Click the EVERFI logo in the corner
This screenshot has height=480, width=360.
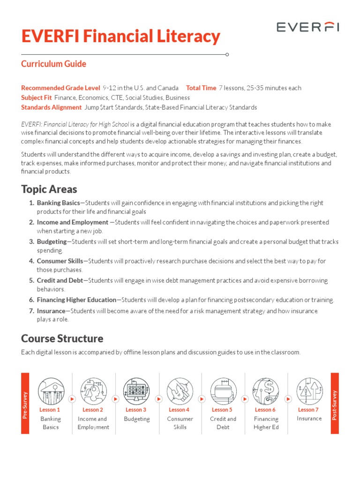point(307,28)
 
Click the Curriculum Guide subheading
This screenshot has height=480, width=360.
point(53,64)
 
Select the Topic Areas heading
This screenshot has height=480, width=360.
point(49,189)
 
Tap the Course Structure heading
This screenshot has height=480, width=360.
point(62,338)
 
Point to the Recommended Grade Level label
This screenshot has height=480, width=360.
point(60,88)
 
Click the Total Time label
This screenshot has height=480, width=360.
point(201,88)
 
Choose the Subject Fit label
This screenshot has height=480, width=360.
point(37,97)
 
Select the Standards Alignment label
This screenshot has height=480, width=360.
point(52,107)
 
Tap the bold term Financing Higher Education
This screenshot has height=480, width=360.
point(76,300)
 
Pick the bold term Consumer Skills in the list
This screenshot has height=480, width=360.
point(60,261)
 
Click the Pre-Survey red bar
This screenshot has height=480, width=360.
point(25,403)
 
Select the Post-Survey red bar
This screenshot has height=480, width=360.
point(335,403)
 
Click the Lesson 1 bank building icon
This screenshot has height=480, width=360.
point(51,391)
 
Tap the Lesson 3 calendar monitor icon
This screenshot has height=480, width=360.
point(136,391)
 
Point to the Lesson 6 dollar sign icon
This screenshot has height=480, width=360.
point(266,391)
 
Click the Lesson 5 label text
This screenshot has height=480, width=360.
point(222,410)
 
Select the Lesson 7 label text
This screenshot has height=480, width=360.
point(308,410)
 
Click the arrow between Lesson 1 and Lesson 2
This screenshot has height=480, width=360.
point(72,399)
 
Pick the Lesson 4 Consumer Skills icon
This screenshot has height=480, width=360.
point(180,391)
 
